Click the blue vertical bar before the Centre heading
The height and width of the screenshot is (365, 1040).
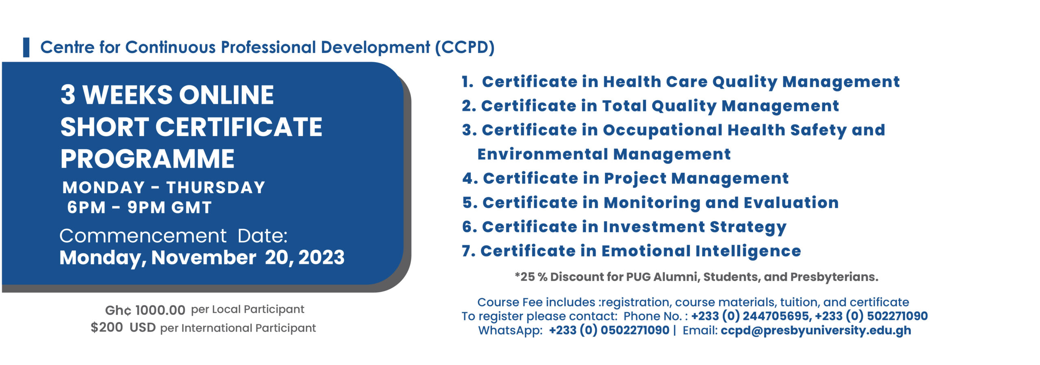click(x=26, y=47)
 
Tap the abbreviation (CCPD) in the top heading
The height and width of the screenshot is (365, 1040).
click(x=465, y=48)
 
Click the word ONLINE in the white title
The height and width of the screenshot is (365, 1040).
click(x=226, y=95)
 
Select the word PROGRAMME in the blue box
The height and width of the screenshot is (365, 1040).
click(x=147, y=159)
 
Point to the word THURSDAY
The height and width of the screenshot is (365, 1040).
click(x=216, y=187)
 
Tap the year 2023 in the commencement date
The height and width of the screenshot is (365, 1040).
click(x=321, y=257)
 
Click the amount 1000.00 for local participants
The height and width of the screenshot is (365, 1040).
click(x=160, y=310)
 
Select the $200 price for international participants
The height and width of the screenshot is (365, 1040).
click(x=107, y=327)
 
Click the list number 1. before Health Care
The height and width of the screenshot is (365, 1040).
click(x=468, y=82)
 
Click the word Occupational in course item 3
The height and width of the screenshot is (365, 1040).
click(x=663, y=130)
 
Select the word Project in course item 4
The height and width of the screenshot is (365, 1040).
click(x=635, y=179)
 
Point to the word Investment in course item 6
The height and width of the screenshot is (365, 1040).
click(x=654, y=227)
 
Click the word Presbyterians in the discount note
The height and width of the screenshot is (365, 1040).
click(x=834, y=277)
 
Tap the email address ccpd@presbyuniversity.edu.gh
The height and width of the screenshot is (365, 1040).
click(x=816, y=330)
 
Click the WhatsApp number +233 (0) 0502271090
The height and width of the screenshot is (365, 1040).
click(x=609, y=330)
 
